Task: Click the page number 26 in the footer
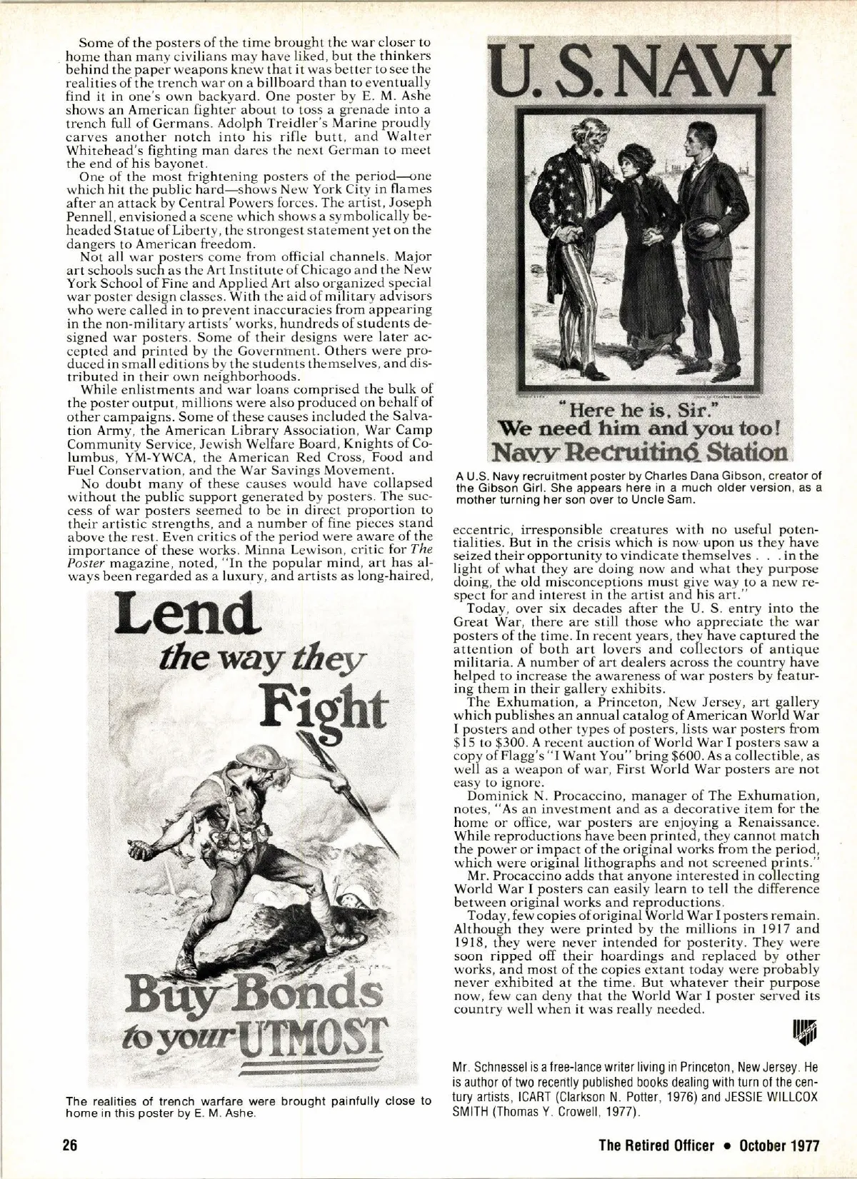pos(69,1145)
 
